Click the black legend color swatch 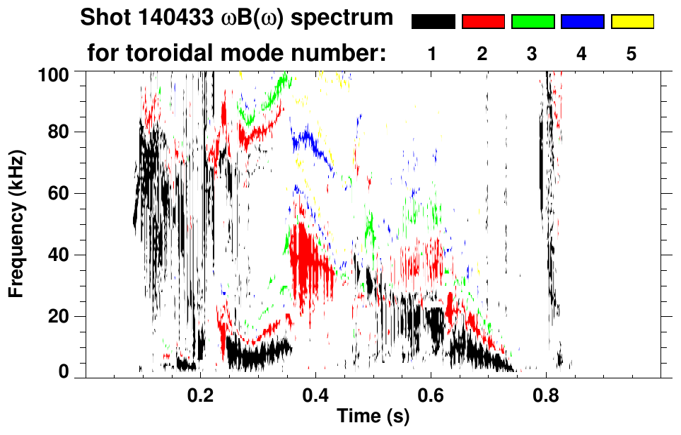(x=433, y=22)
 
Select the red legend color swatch (x=483, y=22)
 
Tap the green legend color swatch (x=532, y=22)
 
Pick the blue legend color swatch (x=582, y=22)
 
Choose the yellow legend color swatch (x=631, y=22)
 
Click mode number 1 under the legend (x=433, y=54)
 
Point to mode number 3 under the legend (x=532, y=54)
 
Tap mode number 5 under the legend (x=631, y=54)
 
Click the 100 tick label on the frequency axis (x=54, y=73)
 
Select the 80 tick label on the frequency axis (x=58, y=132)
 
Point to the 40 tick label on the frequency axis (x=58, y=255)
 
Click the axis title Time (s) (x=373, y=416)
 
